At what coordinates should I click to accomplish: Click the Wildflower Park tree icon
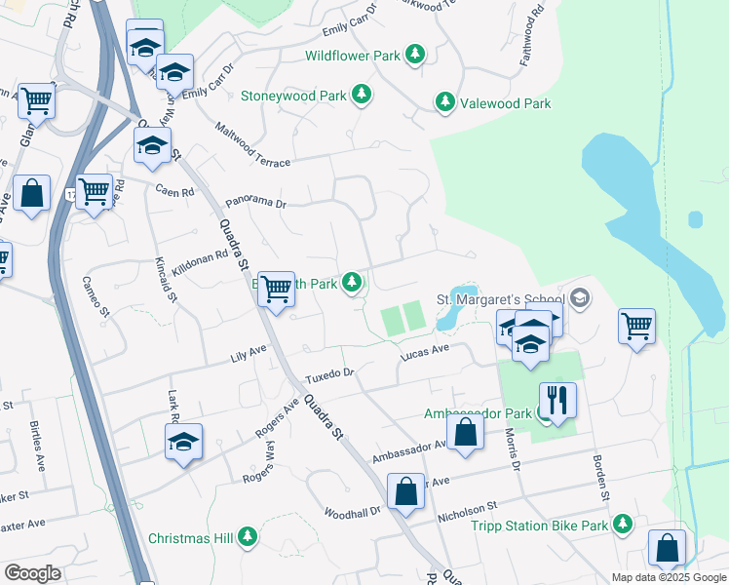415,55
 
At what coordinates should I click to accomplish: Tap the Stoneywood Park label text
294,96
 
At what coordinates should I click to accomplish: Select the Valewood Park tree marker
444,103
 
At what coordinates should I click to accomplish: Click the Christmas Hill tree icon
249,537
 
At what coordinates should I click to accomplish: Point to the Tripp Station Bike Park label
539,526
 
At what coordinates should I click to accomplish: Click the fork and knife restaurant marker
557,400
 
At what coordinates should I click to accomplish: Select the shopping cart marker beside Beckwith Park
277,289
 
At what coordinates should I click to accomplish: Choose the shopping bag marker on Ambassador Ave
466,432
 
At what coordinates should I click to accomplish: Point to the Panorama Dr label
254,203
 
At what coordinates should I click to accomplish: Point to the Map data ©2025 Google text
669,577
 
